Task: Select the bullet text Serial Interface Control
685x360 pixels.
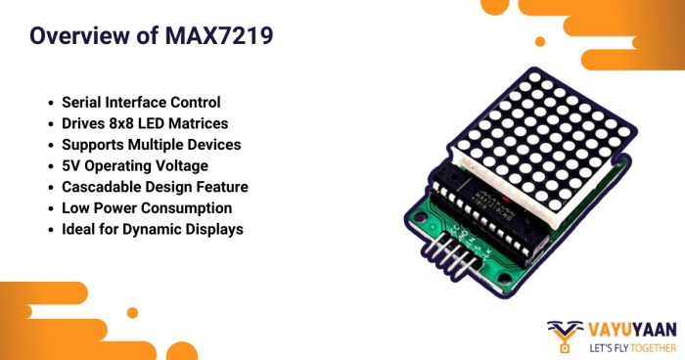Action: (141, 102)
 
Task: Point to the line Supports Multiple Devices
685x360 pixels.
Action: (151, 145)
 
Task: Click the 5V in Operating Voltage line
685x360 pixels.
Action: (72, 165)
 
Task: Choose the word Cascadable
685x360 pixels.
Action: (109, 187)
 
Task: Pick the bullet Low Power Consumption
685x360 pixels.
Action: (147, 207)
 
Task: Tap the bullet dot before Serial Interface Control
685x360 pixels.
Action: (49, 103)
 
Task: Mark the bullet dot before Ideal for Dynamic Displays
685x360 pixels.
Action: (49, 230)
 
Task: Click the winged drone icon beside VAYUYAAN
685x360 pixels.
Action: (564, 336)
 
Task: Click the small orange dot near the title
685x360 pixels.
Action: (540, 41)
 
